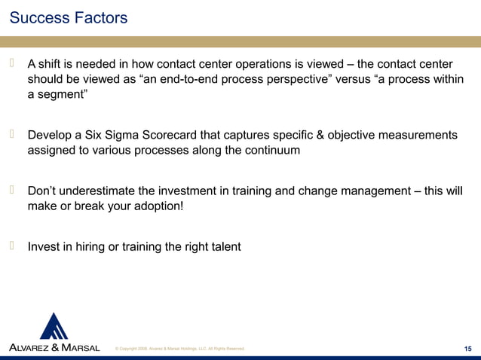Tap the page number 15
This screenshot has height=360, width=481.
point(469,347)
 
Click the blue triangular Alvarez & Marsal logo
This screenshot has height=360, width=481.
point(54,326)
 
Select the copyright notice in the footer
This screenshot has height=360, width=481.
point(179,348)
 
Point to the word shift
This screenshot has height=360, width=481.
point(54,63)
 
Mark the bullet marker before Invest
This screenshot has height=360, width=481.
point(13,245)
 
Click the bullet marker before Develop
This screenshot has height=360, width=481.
point(13,134)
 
